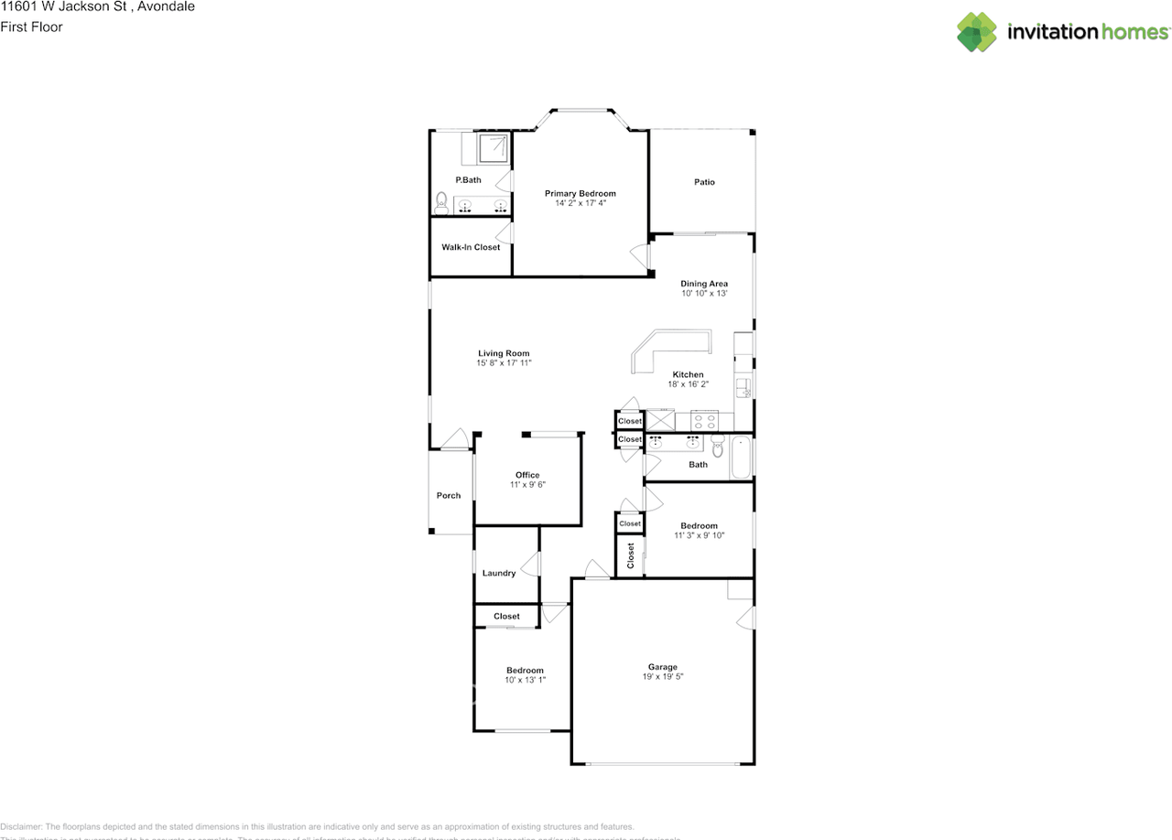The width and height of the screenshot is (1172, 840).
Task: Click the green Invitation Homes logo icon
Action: [977, 32]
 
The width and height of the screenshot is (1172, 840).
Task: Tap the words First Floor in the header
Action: [31, 27]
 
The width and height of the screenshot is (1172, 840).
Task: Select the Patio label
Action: [704, 182]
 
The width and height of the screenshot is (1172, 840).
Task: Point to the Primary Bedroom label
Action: [580, 193]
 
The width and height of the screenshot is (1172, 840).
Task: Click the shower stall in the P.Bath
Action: [494, 146]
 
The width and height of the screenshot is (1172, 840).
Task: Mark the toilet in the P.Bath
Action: [441, 201]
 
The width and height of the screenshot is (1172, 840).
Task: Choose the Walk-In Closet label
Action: [471, 247]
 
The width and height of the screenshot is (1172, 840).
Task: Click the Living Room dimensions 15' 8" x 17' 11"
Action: [504, 363]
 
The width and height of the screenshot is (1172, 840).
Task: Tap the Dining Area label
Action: [704, 284]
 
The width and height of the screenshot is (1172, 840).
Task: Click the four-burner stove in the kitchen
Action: [704, 422]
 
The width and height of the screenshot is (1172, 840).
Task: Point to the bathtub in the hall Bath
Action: [742, 458]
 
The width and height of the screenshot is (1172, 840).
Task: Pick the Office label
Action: [527, 475]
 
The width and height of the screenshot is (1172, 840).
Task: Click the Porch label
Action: [449, 496]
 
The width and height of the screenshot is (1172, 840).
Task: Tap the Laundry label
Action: [499, 574]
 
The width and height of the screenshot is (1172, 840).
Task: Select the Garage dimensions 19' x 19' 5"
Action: [663, 677]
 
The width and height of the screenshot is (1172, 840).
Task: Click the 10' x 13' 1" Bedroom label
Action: [525, 671]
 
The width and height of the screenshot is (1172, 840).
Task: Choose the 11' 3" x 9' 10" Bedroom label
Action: [700, 526]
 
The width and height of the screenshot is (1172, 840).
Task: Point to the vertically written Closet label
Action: [631, 555]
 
